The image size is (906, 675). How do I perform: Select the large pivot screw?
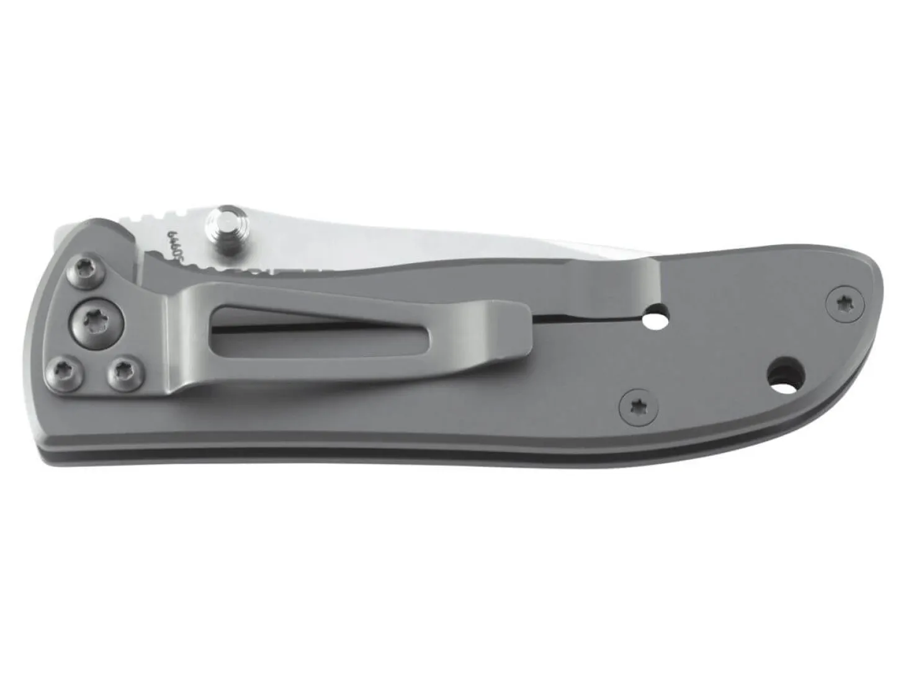click(98, 321)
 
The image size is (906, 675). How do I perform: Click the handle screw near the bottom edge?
click(634, 406)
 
